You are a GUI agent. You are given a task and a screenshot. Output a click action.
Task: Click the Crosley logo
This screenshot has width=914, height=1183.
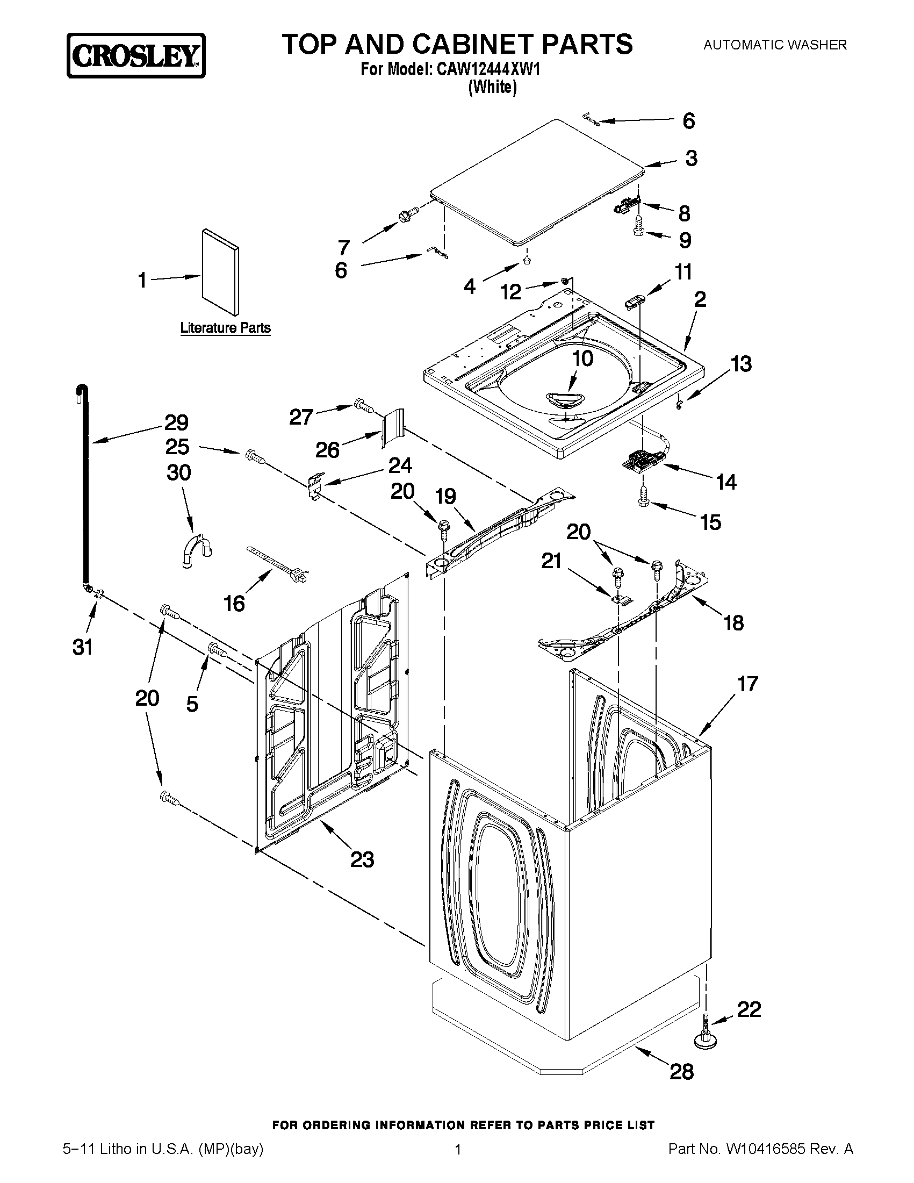(x=136, y=55)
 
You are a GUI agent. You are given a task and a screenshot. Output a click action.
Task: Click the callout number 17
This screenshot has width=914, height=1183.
(x=747, y=684)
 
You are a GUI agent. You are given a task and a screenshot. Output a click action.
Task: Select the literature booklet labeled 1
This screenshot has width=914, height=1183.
(x=220, y=272)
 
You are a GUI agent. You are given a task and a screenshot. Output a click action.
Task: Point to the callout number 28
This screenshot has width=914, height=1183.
(x=681, y=1071)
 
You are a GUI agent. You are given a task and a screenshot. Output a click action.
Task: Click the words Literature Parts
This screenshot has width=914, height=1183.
(x=225, y=328)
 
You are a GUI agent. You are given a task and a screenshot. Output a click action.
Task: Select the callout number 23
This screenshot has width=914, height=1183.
(x=362, y=859)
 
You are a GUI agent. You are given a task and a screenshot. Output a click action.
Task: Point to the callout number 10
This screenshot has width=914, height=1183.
(x=582, y=358)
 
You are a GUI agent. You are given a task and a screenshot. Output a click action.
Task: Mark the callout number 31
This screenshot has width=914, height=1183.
(x=82, y=647)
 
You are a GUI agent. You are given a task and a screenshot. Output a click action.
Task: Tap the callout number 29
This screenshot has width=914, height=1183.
(x=177, y=422)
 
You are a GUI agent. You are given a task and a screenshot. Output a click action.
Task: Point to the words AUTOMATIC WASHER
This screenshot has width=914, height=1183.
(x=774, y=45)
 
